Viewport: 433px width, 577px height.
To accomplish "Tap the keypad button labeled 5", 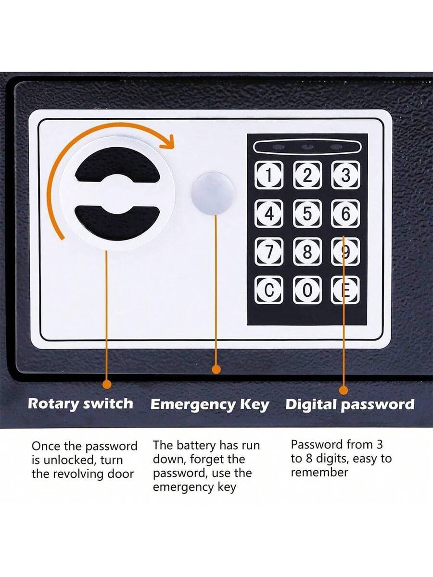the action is coord(307,213).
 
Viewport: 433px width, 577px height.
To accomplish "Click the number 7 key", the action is coord(268,251).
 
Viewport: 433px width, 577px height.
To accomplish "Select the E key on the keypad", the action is coord(345,290).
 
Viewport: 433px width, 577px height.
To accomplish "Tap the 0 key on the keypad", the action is coord(307,290).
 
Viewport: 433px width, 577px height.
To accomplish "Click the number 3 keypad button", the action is coord(345,175).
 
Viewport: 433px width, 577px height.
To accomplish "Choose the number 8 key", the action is coord(307,251).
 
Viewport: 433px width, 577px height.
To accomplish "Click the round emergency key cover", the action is coord(213,194).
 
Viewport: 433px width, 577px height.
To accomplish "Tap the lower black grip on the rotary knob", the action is coord(117,223).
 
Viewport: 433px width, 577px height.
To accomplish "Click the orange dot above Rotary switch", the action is coord(106,384).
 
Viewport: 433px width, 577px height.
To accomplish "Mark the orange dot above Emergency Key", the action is coord(216,369).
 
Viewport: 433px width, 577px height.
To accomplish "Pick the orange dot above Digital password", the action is coord(344,390).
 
